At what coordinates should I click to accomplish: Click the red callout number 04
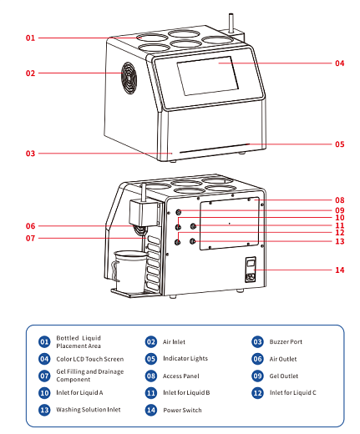point(339,63)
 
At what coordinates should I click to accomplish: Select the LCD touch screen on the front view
point(208,76)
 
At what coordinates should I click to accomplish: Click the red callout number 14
point(339,270)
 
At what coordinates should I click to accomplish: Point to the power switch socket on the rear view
point(251,270)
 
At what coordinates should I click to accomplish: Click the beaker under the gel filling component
point(129,271)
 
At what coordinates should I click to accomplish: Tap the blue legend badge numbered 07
point(44,376)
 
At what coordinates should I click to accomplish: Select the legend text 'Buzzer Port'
point(286,341)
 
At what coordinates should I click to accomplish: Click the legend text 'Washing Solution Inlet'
point(89,410)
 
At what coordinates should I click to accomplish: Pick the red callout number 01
point(30,38)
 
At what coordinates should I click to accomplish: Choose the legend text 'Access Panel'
point(181,376)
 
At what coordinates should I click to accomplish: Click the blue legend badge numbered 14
point(151,410)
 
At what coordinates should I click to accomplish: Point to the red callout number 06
point(30,226)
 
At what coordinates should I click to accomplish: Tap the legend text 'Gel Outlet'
point(284,376)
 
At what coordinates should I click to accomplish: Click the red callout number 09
point(339,210)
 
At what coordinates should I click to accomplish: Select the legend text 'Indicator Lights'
point(185,358)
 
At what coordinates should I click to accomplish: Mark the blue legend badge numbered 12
point(257,393)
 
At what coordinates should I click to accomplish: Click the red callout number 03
point(30,154)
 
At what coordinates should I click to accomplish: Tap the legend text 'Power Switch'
point(182,410)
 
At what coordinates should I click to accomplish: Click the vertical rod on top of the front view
point(231,23)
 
